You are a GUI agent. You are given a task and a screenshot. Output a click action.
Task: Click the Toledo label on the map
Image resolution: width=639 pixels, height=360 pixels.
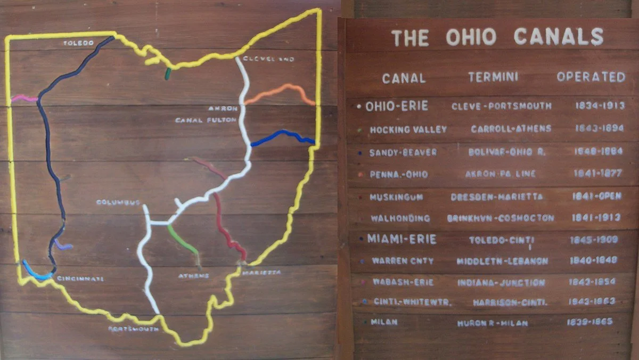(78, 43)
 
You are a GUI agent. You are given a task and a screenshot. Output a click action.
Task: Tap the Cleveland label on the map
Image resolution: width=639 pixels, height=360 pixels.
(268, 59)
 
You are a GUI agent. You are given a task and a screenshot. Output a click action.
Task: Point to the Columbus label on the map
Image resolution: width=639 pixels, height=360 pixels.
(118, 202)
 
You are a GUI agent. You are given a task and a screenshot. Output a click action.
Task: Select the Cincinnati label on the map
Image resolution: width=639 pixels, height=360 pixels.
(80, 279)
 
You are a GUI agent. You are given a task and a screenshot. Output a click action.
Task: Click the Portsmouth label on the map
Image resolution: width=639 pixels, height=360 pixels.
(133, 329)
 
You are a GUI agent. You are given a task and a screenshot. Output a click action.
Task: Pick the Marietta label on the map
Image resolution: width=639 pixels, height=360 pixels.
(261, 273)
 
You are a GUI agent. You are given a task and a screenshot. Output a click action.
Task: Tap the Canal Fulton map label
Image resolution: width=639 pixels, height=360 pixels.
(206, 120)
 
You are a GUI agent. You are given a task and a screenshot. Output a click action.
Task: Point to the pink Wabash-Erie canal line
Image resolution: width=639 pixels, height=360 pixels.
(24, 99)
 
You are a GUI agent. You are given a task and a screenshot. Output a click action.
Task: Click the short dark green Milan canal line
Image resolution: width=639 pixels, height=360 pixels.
(168, 73)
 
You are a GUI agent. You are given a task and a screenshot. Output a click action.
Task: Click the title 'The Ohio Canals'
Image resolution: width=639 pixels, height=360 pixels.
(497, 37)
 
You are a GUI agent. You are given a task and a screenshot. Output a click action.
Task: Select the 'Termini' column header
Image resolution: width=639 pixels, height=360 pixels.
(493, 77)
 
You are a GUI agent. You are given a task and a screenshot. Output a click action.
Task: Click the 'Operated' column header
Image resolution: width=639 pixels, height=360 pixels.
(591, 77)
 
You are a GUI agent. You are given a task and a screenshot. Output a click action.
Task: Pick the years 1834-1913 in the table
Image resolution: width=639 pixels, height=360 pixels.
(600, 105)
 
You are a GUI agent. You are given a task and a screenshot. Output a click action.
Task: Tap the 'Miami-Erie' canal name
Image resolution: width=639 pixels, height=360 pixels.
(402, 239)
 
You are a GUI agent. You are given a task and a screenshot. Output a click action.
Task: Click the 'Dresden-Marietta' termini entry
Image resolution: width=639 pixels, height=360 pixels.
(497, 197)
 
